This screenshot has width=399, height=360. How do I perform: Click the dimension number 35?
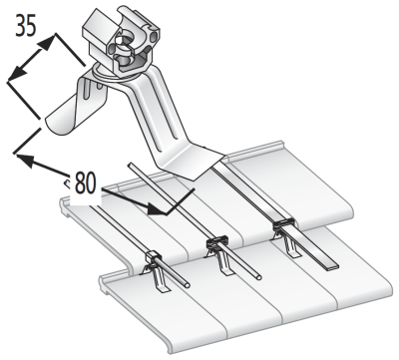coord(26,25)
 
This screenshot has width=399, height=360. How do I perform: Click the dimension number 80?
coord(85,182)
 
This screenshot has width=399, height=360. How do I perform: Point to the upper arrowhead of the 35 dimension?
coord(46,43)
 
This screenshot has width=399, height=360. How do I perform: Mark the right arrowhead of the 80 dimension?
coord(157,209)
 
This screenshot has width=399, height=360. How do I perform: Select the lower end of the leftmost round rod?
coord(188,284)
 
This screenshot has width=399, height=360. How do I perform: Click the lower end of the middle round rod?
coord(258,277)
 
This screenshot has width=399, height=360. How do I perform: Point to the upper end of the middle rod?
coord(131,165)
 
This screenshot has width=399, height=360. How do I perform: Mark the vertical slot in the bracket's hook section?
coord(87,88)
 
